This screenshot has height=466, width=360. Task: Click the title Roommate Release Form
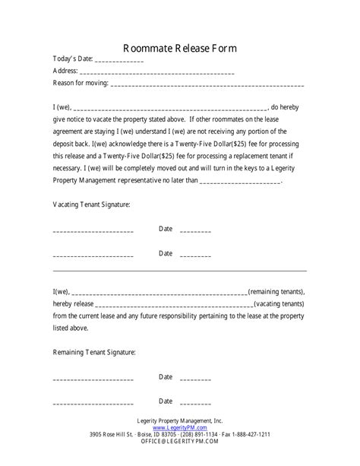click(180, 47)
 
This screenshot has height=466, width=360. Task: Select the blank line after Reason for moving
click(207, 84)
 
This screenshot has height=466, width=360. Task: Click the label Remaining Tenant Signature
click(94, 352)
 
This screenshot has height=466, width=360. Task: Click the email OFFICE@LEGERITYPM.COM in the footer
click(180, 443)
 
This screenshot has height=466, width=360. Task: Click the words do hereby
click(288, 107)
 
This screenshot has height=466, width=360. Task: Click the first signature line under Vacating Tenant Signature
click(93, 230)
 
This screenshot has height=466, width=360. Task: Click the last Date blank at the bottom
click(196, 401)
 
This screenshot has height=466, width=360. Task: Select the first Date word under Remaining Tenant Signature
click(166, 377)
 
